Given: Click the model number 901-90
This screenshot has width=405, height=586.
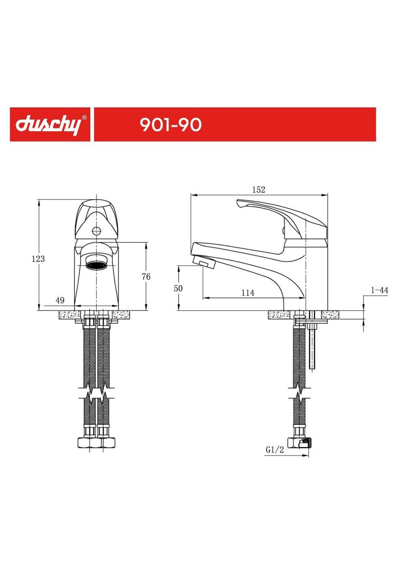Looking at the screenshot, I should (x=171, y=125).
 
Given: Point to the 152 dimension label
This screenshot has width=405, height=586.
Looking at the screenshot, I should (x=258, y=190).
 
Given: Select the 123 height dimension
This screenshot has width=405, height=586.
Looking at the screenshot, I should (x=38, y=259).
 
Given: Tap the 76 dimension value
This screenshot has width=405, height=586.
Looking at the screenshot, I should (x=146, y=277).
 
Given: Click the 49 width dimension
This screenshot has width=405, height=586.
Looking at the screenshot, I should (x=60, y=300).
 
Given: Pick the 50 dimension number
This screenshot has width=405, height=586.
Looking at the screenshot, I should (x=178, y=288).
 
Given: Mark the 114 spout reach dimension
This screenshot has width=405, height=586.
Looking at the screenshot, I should (x=248, y=293).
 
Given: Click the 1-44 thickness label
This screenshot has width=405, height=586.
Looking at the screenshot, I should (x=379, y=290).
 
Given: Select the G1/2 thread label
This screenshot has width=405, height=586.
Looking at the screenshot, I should (x=275, y=450).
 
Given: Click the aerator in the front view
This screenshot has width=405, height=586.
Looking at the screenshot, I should (x=96, y=264).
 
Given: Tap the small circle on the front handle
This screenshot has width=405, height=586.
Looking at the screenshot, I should (x=96, y=231).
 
